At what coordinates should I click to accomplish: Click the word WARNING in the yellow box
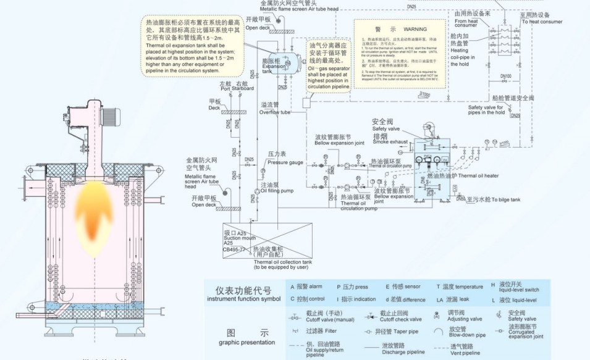point(415,29)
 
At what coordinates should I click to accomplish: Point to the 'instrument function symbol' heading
point(243,299)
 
